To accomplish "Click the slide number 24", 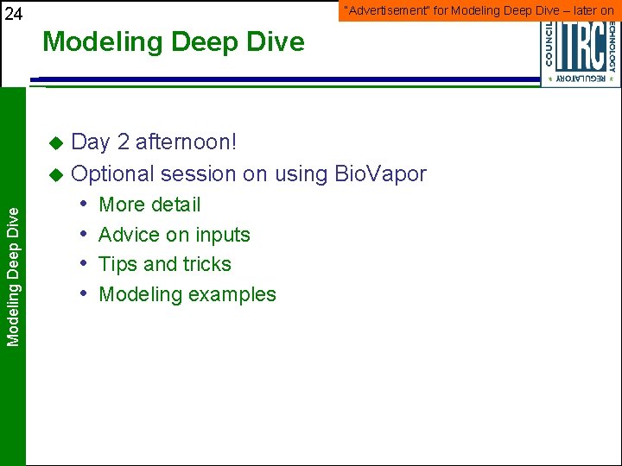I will coord(14,13).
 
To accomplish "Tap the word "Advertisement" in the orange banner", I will coord(378,10).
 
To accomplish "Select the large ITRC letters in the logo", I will coord(580,47).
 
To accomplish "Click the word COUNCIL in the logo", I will coord(549,43).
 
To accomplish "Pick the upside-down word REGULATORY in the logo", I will coord(581,79).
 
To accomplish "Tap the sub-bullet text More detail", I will coord(149,205).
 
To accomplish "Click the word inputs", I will coord(222,236).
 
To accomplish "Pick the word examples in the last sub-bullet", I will coord(235,295).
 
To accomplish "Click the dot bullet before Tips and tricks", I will coord(86,264).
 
